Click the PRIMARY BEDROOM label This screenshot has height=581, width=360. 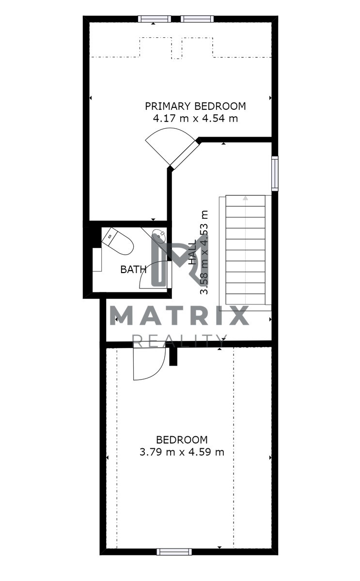click(195, 106)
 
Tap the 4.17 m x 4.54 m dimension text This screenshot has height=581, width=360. click(195, 119)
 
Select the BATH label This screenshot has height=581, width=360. click(133, 270)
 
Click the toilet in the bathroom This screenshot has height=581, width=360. click(118, 241)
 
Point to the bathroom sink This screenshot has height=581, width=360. click(159, 235)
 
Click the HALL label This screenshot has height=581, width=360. click(192, 252)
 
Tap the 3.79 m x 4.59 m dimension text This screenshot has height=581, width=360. click(182, 452)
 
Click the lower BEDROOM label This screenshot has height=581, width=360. click(182, 440)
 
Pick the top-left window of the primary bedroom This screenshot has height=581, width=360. click(155, 19)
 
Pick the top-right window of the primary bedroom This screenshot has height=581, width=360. click(197, 19)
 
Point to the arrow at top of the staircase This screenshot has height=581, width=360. click(245, 199)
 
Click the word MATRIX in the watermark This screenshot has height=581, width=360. click(180, 315)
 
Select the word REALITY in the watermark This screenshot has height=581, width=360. click(179, 341)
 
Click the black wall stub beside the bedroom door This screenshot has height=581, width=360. click(173, 356)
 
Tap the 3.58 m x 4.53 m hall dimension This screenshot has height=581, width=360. click(204, 252)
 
